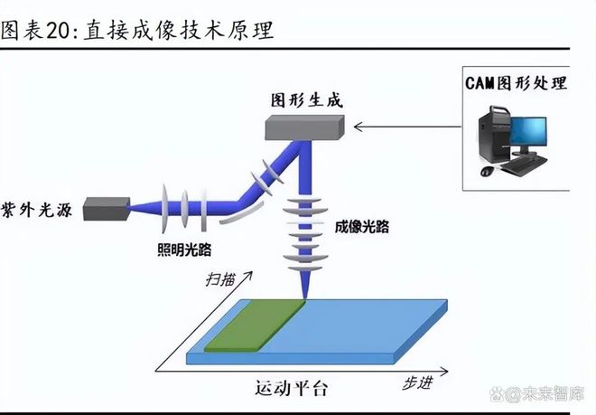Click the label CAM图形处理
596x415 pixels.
pyautogui.click(x=517, y=83)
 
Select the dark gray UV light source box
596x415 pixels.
pyautogui.click(x=106, y=209)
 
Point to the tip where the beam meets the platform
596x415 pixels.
pyautogui.click(x=303, y=299)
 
